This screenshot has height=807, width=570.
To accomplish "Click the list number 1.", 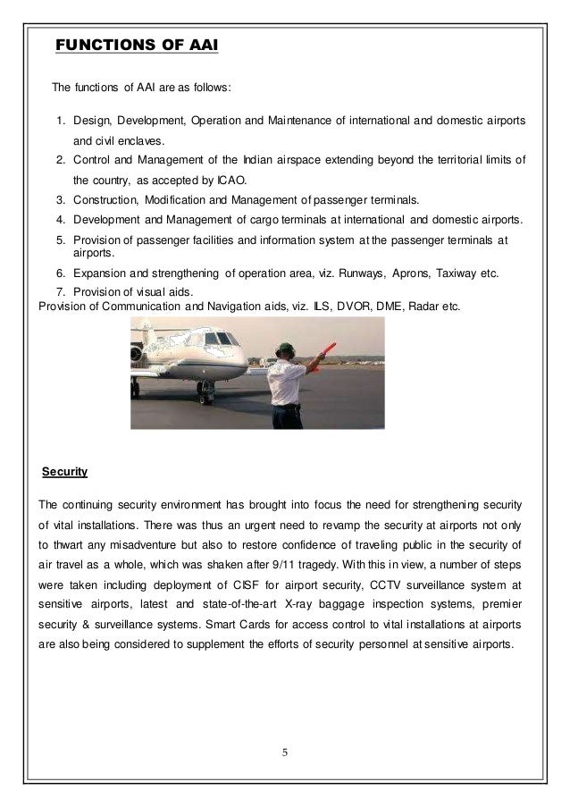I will click(61, 121).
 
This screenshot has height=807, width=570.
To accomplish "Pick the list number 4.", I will click(61, 220).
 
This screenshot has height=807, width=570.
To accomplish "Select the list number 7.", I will click(61, 292).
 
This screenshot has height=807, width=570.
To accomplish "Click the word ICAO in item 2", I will click(236, 179).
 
